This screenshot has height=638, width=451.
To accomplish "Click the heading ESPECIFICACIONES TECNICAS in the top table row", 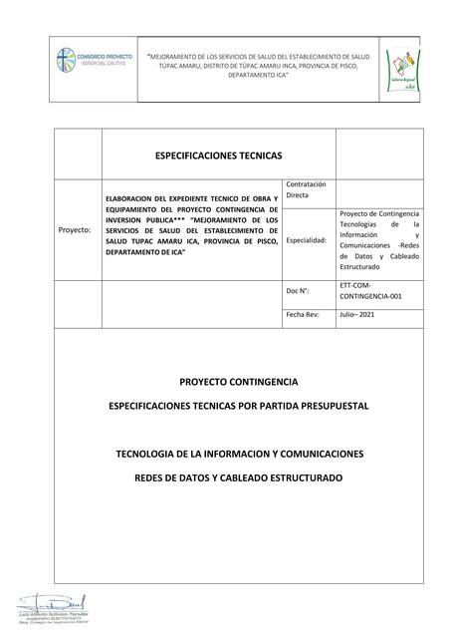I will coord(218,156).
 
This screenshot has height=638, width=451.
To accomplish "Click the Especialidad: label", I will coord(307,241).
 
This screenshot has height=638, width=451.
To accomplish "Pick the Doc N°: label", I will coord(300,290).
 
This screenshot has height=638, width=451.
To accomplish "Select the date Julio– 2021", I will coord(361,313).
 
